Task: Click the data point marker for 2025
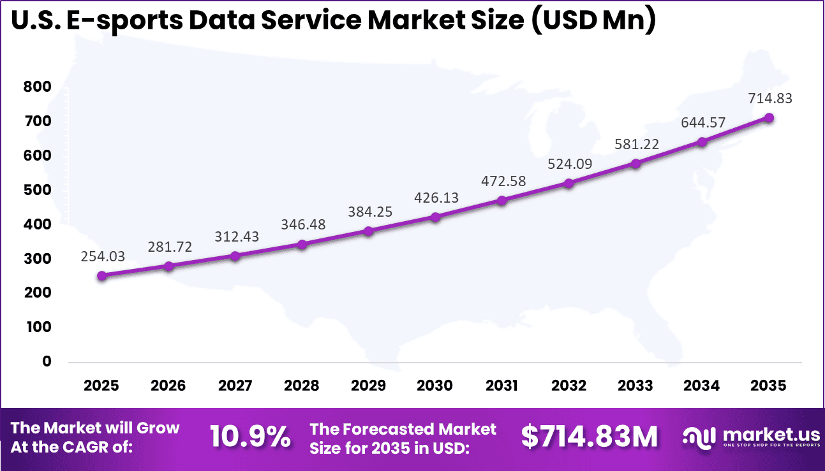[x=101, y=276]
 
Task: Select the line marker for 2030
[x=435, y=217]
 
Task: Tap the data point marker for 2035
[x=769, y=118]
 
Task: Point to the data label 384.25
[x=369, y=212]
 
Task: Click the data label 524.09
[x=569, y=164]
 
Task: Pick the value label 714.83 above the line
[x=769, y=99]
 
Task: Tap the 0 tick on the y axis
[x=46, y=361]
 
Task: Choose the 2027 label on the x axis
[x=235, y=386]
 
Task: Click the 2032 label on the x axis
[x=569, y=386]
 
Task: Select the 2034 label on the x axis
[x=702, y=386]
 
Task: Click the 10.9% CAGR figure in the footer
[x=250, y=437]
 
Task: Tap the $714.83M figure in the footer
[x=589, y=437]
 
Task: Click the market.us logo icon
[x=699, y=437]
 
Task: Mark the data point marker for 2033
[x=635, y=164]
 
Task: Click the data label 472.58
[x=502, y=181]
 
